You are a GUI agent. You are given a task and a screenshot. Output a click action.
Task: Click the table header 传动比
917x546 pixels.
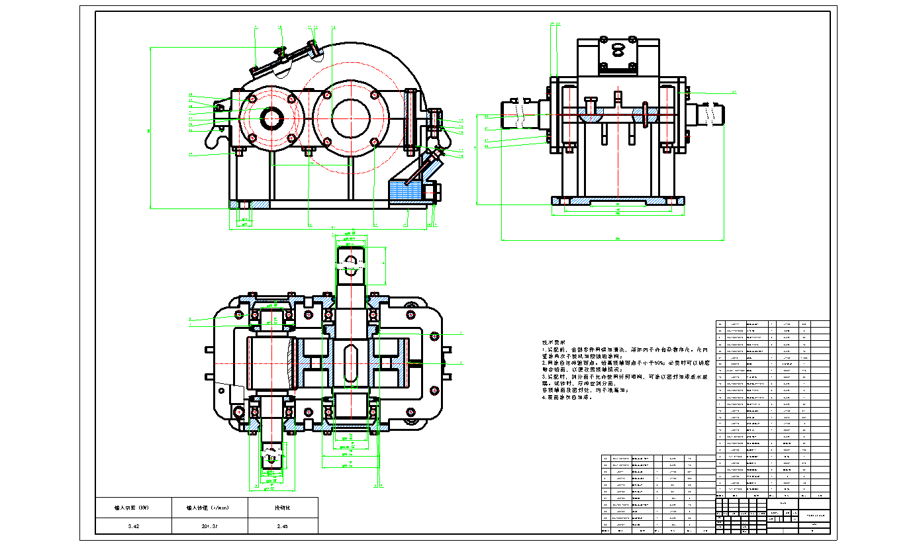pyautogui.click(x=283, y=508)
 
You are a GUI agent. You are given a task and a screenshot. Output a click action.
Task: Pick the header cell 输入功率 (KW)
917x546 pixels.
pyautogui.click(x=133, y=508)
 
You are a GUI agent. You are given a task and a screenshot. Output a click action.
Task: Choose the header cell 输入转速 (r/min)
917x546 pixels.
pyautogui.click(x=209, y=508)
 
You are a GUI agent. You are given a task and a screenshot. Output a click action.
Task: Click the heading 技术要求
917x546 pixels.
pyautogui.click(x=554, y=341)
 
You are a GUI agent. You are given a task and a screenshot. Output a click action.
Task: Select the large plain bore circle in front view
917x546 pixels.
pyautogui.click(x=350, y=118)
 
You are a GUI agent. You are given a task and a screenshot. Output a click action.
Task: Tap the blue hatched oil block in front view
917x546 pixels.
pyautogui.click(x=405, y=191)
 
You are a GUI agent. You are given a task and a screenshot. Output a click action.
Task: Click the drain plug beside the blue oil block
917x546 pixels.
pyautogui.click(x=436, y=193)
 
